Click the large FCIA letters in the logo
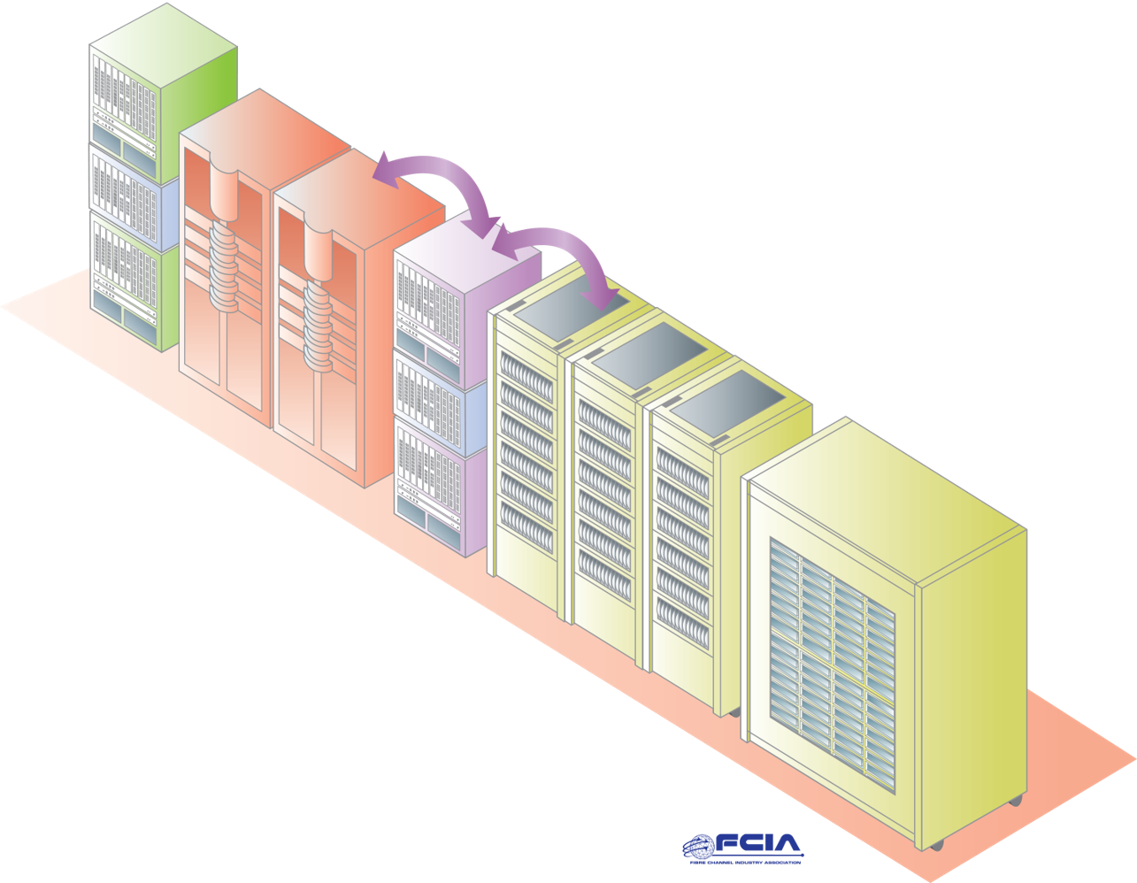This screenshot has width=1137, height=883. click(758, 843)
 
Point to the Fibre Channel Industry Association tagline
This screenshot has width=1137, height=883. click(746, 862)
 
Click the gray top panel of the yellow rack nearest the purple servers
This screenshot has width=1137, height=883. click(572, 306)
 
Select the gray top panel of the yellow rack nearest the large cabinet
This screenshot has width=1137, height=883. click(728, 396)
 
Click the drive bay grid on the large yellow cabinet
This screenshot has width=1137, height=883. click(833, 664)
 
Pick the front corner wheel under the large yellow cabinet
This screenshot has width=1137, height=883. click(936, 844)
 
